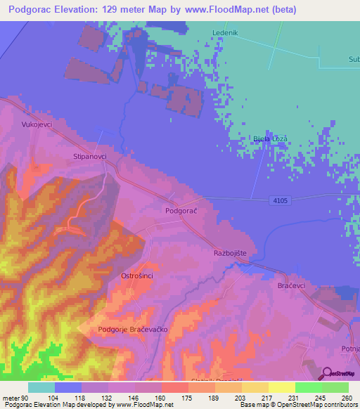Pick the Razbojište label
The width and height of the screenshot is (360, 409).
click(233, 252)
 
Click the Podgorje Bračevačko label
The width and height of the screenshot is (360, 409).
click(135, 329)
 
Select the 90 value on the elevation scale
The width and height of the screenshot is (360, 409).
click(27, 397)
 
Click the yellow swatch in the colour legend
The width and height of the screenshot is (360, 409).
click(281, 387)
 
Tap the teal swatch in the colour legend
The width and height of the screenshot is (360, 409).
click(41, 387)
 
